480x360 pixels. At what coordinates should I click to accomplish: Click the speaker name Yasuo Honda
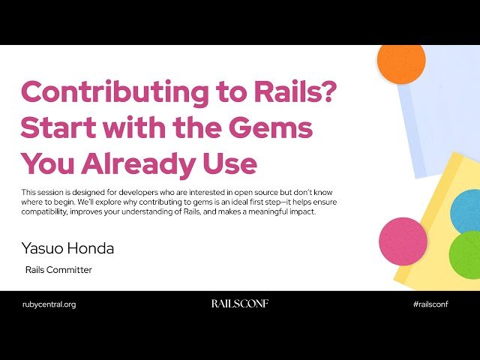coord(67,247)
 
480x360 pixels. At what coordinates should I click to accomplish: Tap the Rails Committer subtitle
coord(58,270)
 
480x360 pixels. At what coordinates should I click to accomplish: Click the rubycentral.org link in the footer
coord(49,304)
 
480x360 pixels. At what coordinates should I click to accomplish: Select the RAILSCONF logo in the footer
coord(239,304)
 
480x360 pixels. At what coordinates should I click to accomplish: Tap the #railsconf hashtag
coord(435,304)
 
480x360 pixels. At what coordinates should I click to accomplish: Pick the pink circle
coord(403,241)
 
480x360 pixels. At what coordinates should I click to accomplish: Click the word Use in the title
coord(229,163)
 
